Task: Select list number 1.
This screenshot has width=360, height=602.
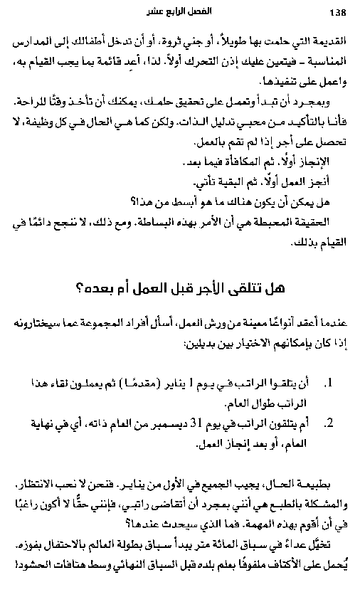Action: click(328, 385)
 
